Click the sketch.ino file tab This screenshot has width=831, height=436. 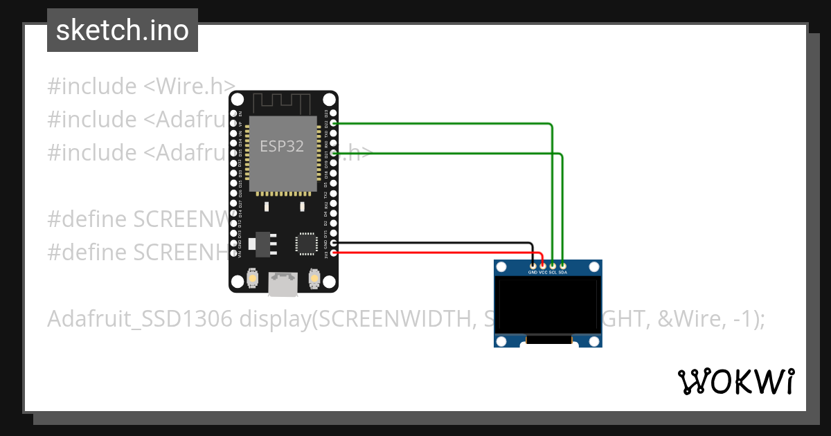coord(123,30)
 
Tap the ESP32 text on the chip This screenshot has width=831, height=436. coord(282,146)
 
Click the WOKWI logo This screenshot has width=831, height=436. coord(735,381)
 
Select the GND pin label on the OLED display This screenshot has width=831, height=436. coord(533,273)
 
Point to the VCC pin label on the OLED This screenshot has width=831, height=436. coord(543,273)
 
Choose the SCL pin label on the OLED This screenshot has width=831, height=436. coord(553,273)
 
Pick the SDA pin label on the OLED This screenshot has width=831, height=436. coord(563,273)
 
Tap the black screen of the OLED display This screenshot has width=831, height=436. coord(547,305)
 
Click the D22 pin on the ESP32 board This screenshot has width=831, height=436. coord(334,123)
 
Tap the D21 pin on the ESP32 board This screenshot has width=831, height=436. coord(334,153)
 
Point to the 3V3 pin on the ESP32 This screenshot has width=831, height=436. coord(334,253)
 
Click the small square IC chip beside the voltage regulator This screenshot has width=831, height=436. coord(305,243)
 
